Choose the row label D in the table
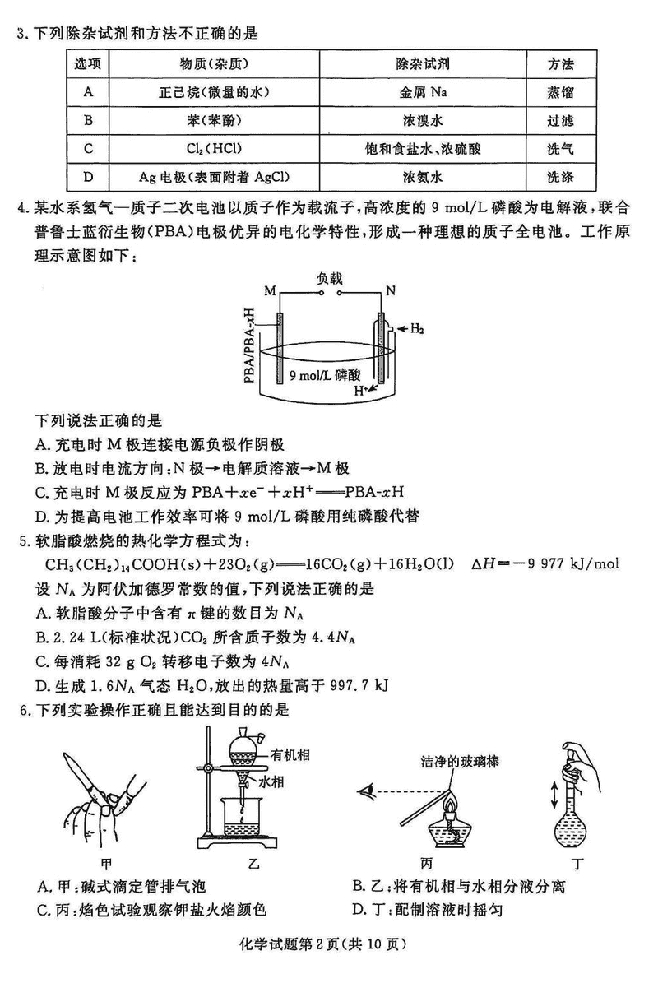click(87, 177)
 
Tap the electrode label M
click(270, 291)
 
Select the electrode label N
click(391, 291)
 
